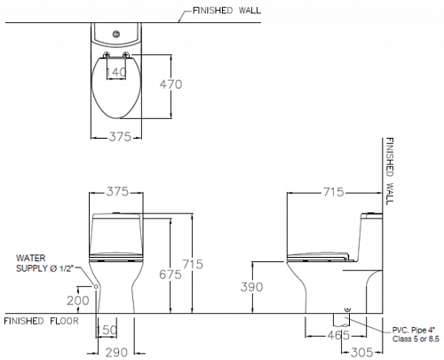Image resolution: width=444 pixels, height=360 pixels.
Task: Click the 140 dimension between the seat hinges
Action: coord(116,72)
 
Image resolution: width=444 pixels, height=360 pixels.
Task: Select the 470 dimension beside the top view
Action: coord(170,84)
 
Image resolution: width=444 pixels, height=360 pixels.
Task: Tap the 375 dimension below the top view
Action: coord(120,137)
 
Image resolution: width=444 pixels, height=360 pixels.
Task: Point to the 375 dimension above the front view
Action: coord(117,192)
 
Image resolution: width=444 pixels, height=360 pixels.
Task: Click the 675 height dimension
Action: coord(170,275)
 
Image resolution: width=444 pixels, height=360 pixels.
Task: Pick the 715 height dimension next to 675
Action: coord(193,264)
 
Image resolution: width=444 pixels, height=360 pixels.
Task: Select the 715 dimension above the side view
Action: coord(333,192)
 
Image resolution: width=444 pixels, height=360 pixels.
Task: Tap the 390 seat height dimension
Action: coord(251,287)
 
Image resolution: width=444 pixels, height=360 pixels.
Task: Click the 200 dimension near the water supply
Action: coord(78,300)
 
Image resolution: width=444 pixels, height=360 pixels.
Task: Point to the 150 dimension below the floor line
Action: coord(107,330)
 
